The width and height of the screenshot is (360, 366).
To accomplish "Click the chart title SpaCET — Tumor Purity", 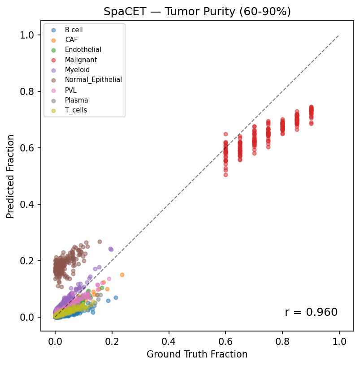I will coord(197,12).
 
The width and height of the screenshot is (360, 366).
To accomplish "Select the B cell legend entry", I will coord(74,30).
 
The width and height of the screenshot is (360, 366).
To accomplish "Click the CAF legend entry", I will coord(71,40).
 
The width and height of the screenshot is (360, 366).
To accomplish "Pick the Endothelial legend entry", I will coord(83,50).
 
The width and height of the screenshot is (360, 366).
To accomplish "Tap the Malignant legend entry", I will coord(81,60).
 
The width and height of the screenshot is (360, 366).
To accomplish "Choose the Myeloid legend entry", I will coord(77,70).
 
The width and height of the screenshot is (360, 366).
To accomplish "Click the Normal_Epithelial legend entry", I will coord(93,80).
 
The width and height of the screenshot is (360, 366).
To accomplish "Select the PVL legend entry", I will coord(70,90).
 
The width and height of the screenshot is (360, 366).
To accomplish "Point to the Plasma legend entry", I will coord(76,100).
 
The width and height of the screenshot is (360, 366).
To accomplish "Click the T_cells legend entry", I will coord(76,110).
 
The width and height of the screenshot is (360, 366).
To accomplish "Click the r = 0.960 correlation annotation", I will coord(311,312).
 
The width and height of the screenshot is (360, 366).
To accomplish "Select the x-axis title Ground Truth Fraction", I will coord(197,354).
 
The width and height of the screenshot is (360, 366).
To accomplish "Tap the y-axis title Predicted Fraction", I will coord(10,176).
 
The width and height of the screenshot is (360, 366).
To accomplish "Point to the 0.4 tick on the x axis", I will coord(169,342).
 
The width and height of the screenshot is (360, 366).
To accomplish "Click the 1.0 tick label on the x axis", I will coord(339,342).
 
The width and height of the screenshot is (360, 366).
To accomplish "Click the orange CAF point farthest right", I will coord(122,275).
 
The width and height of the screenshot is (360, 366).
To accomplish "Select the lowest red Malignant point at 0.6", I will coord(226,175).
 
